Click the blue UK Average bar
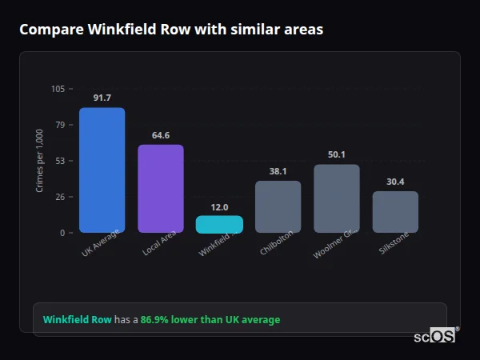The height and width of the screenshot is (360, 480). tap(102, 170)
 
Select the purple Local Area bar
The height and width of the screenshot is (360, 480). tap(161, 189)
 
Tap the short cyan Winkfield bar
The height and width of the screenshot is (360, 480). tap(219, 224)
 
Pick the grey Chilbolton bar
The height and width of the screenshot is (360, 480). tap(278, 206)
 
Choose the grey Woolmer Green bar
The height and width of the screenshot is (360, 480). tap(337, 198)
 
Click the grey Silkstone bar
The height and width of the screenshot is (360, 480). tap(395, 212)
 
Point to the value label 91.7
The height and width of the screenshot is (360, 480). tap(102, 98)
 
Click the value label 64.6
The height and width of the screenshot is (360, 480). tap(161, 135)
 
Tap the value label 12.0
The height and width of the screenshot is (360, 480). tap(219, 206)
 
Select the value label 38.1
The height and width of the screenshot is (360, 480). tap(278, 171)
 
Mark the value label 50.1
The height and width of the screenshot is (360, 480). tap(337, 154)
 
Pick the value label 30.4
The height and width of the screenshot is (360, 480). tap(395, 182)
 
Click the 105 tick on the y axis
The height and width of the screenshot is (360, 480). tap(58, 89)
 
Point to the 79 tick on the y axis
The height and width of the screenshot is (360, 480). tap(60, 125)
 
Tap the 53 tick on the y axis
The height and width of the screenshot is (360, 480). tap(60, 161)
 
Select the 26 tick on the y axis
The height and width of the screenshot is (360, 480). tap(60, 197)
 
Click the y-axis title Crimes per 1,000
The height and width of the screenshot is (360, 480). tap(40, 161)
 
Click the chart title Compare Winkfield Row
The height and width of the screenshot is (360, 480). tap(171, 30)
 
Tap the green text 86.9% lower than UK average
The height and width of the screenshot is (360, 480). tap(210, 320)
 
